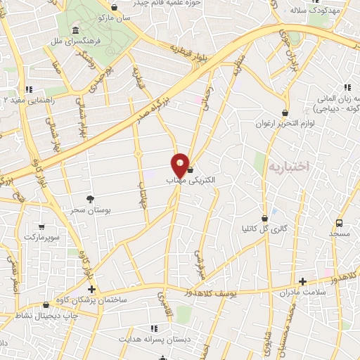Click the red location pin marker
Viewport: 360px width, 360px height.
[x=181, y=165]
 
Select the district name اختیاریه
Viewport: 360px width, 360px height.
[x=288, y=168]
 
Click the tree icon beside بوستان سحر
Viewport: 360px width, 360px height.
[x=90, y=200]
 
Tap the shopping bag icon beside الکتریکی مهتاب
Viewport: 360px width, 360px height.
[x=190, y=171]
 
